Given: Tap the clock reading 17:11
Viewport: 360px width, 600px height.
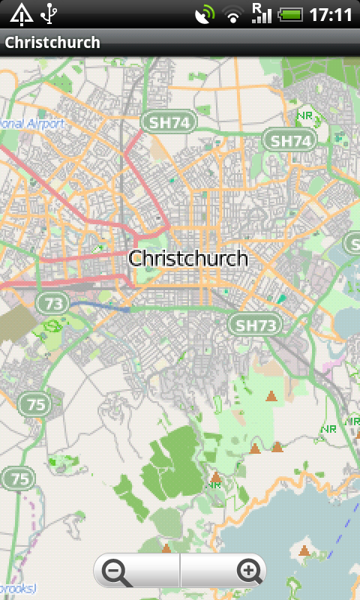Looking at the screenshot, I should click(331, 14).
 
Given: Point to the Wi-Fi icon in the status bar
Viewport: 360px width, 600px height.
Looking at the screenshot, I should click(234, 14).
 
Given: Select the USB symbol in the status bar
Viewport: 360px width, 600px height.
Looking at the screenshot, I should click(50, 13).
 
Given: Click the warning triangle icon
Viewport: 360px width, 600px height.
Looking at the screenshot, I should click(21, 13).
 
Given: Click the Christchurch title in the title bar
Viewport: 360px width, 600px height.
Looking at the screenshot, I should click(52, 42).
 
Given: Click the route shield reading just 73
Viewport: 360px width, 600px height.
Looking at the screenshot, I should click(52, 303).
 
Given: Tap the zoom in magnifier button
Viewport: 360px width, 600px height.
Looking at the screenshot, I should click(248, 572).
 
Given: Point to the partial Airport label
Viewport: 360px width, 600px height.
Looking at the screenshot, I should click(22, 123).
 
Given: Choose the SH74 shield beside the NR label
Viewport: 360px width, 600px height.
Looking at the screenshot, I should click(289, 140).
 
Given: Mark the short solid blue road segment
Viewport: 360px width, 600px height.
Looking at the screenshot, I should click(101, 306).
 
